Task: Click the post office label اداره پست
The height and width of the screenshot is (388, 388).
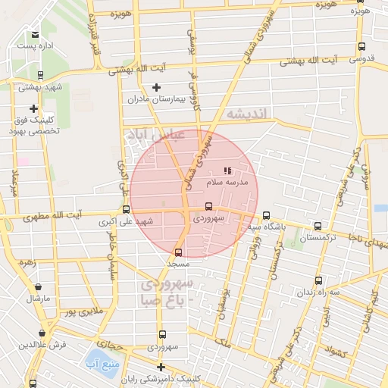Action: point(35,47)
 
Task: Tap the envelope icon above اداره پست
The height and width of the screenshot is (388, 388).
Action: point(35,35)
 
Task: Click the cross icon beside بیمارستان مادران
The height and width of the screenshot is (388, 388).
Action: point(157,88)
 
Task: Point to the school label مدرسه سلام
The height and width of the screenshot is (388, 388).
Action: point(226,183)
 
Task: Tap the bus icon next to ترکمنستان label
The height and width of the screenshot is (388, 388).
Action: point(318,226)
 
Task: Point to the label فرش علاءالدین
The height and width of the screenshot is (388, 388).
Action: point(42,345)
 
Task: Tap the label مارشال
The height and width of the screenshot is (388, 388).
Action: point(38,298)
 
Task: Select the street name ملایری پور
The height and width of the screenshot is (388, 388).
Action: point(81,311)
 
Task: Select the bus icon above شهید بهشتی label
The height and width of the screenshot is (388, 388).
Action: point(39,74)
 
